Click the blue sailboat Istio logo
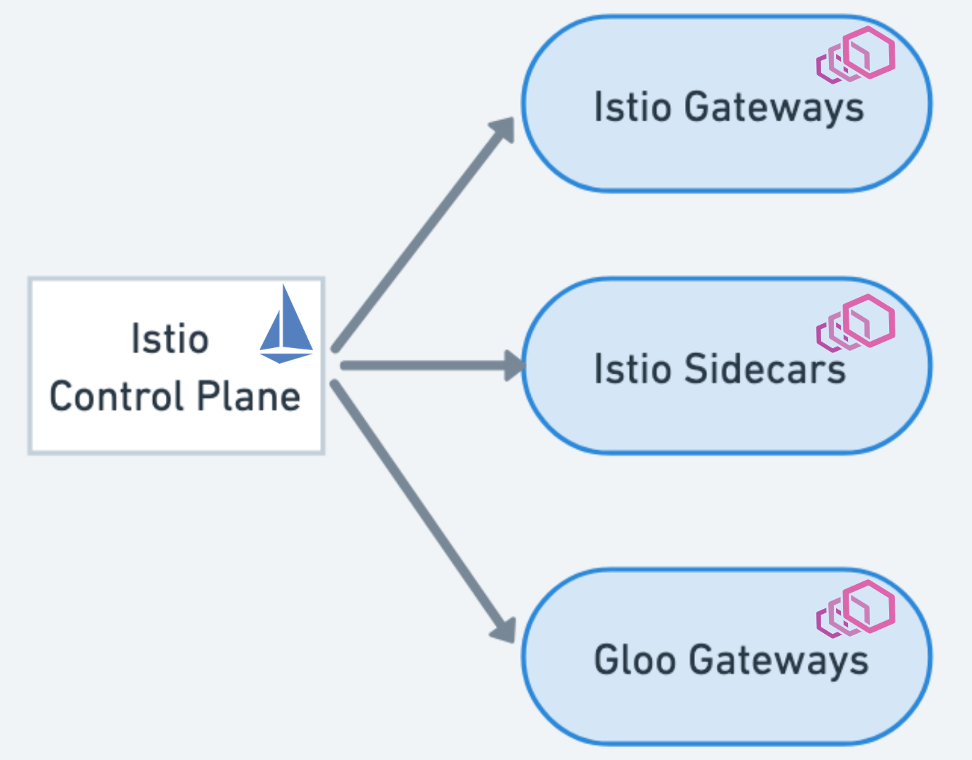[286, 326]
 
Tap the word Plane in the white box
[249, 396]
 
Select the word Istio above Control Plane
[170, 339]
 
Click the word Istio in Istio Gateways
[632, 107]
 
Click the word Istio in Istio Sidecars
[632, 369]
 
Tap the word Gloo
[635, 659]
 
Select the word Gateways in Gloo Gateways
[779, 661]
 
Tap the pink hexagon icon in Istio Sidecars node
[856, 323]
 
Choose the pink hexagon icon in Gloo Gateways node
[856, 608]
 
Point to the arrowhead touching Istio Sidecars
[515, 366]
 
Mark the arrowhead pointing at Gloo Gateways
[504, 629]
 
